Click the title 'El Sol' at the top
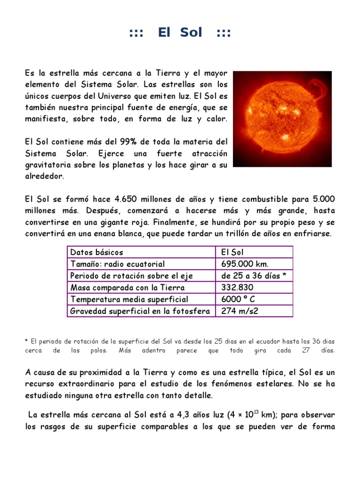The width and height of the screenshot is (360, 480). click(x=180, y=32)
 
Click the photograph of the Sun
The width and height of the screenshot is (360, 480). click(x=282, y=119)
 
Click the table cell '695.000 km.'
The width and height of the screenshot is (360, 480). click(x=242, y=264)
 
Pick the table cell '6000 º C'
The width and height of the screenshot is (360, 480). click(x=238, y=299)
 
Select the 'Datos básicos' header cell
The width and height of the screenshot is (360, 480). click(x=97, y=252)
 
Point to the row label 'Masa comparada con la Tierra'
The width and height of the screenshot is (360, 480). click(x=127, y=287)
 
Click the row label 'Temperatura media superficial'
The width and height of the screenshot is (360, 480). click(x=129, y=299)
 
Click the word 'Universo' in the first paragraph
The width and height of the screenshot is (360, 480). click(x=122, y=97)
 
